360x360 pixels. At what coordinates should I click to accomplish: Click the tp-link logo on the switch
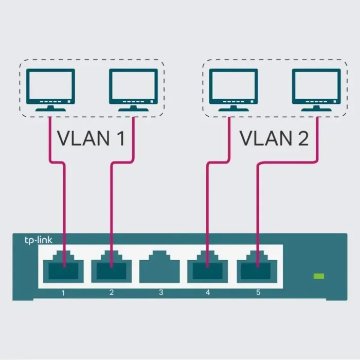tap(39, 240)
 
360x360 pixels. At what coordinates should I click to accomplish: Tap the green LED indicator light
tap(319, 277)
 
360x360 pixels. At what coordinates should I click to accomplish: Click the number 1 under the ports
tap(63, 293)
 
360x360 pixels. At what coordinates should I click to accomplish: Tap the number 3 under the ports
tap(160, 293)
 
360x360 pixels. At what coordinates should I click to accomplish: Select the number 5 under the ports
tap(258, 293)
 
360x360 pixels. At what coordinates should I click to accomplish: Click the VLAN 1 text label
tap(91, 138)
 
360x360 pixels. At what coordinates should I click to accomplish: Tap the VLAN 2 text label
tap(275, 138)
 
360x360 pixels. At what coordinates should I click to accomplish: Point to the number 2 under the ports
tap(112, 293)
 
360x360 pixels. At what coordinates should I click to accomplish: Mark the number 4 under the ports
tap(208, 293)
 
